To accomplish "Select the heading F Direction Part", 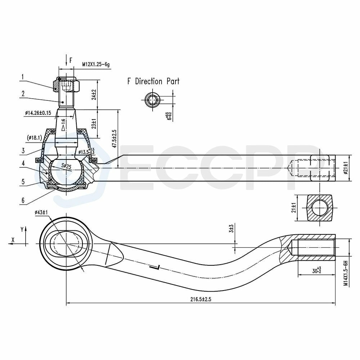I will [153, 81].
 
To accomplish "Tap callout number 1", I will [22, 77].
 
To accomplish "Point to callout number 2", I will [22, 94].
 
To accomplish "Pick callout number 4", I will [22, 163].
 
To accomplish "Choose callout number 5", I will [22, 182].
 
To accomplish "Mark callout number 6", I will [22, 201].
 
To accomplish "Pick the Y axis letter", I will [22, 229].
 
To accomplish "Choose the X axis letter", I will [13, 239].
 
